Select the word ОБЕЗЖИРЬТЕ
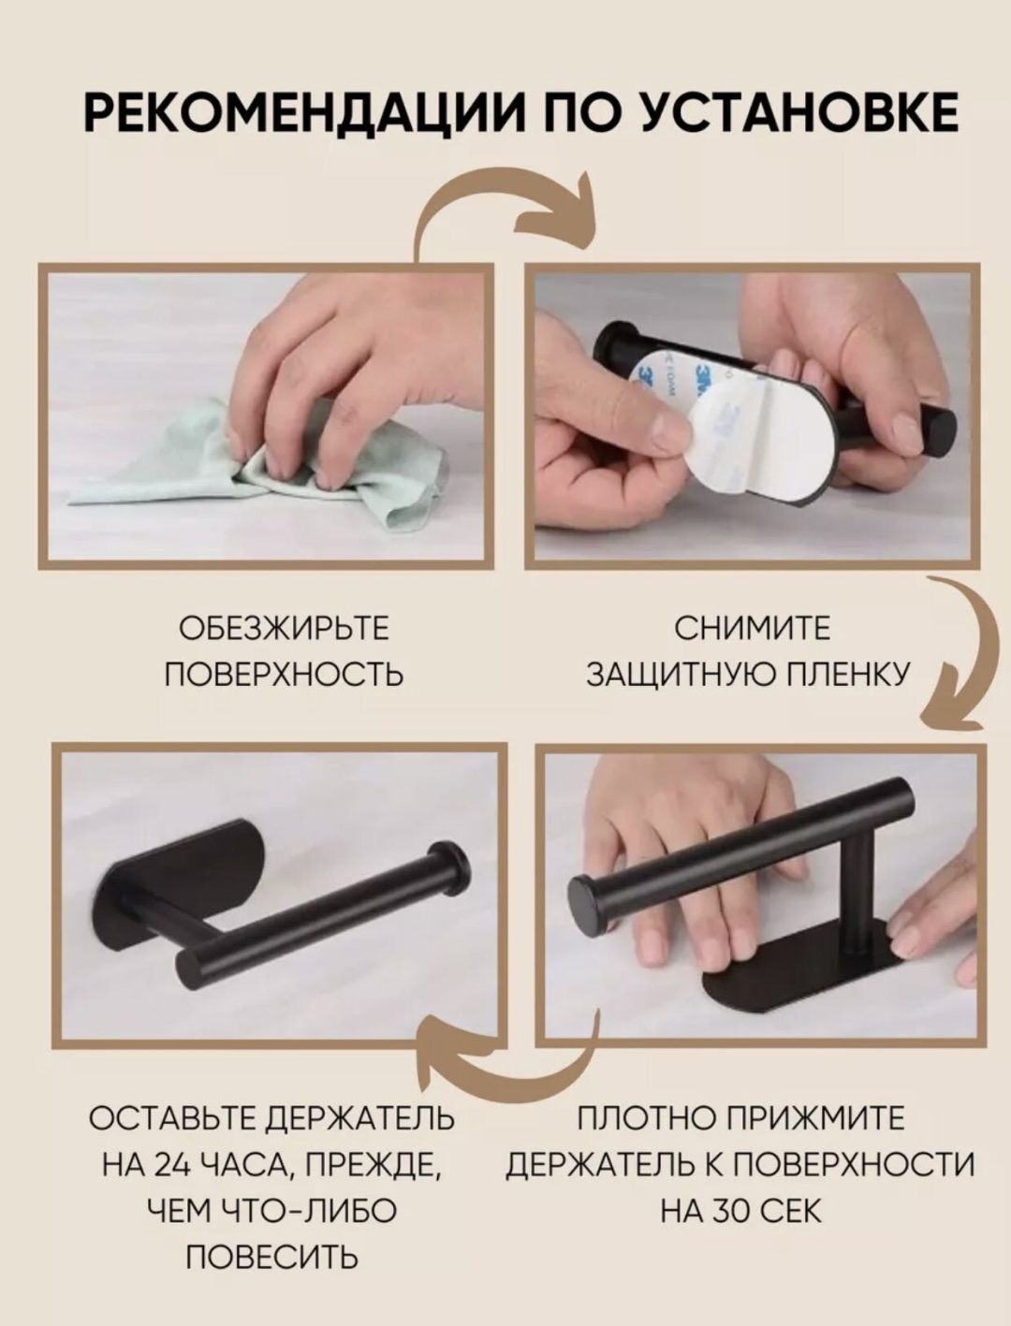click(284, 628)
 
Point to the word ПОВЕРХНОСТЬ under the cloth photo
click(284, 674)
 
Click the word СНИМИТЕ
click(753, 628)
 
